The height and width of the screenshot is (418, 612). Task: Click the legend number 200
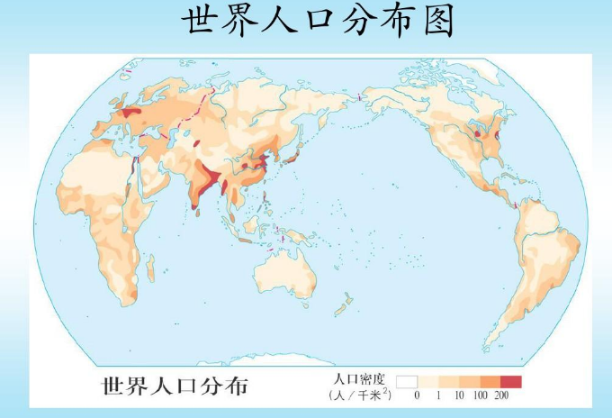[502, 395]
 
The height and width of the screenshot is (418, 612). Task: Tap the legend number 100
[480, 395]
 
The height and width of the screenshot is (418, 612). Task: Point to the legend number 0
[417, 395]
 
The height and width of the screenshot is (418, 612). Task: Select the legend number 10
[458, 395]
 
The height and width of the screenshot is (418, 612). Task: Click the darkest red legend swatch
[510, 380]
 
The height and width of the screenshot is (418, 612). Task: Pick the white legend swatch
[408, 380]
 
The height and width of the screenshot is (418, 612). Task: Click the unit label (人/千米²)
[359, 395]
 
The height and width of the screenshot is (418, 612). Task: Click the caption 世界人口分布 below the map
[175, 386]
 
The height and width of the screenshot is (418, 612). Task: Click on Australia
[286, 270]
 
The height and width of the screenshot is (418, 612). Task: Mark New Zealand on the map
[342, 308]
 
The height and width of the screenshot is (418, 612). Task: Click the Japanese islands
[290, 159]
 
